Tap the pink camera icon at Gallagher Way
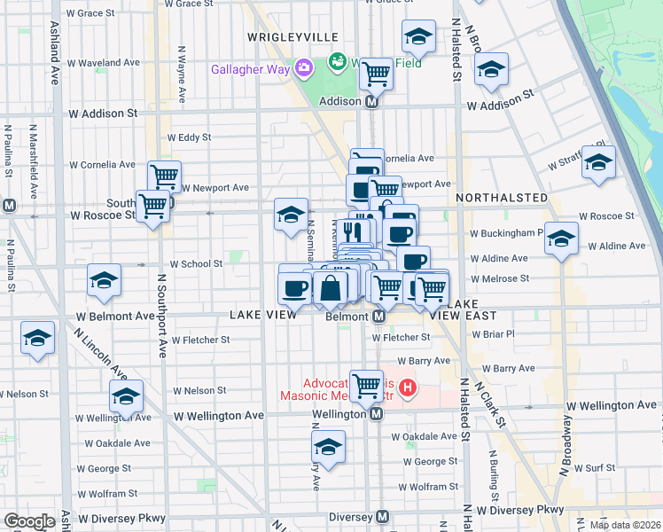click(x=304, y=67)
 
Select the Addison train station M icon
click(x=372, y=102)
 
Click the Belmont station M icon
click(x=378, y=317)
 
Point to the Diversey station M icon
click(x=383, y=517)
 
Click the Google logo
click(x=29, y=521)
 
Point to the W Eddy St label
click(x=189, y=137)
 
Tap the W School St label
click(x=196, y=264)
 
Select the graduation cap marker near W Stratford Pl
click(x=599, y=162)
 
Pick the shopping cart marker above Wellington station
click(x=366, y=384)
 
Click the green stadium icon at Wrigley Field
click(x=337, y=62)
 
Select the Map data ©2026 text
click(x=624, y=524)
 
